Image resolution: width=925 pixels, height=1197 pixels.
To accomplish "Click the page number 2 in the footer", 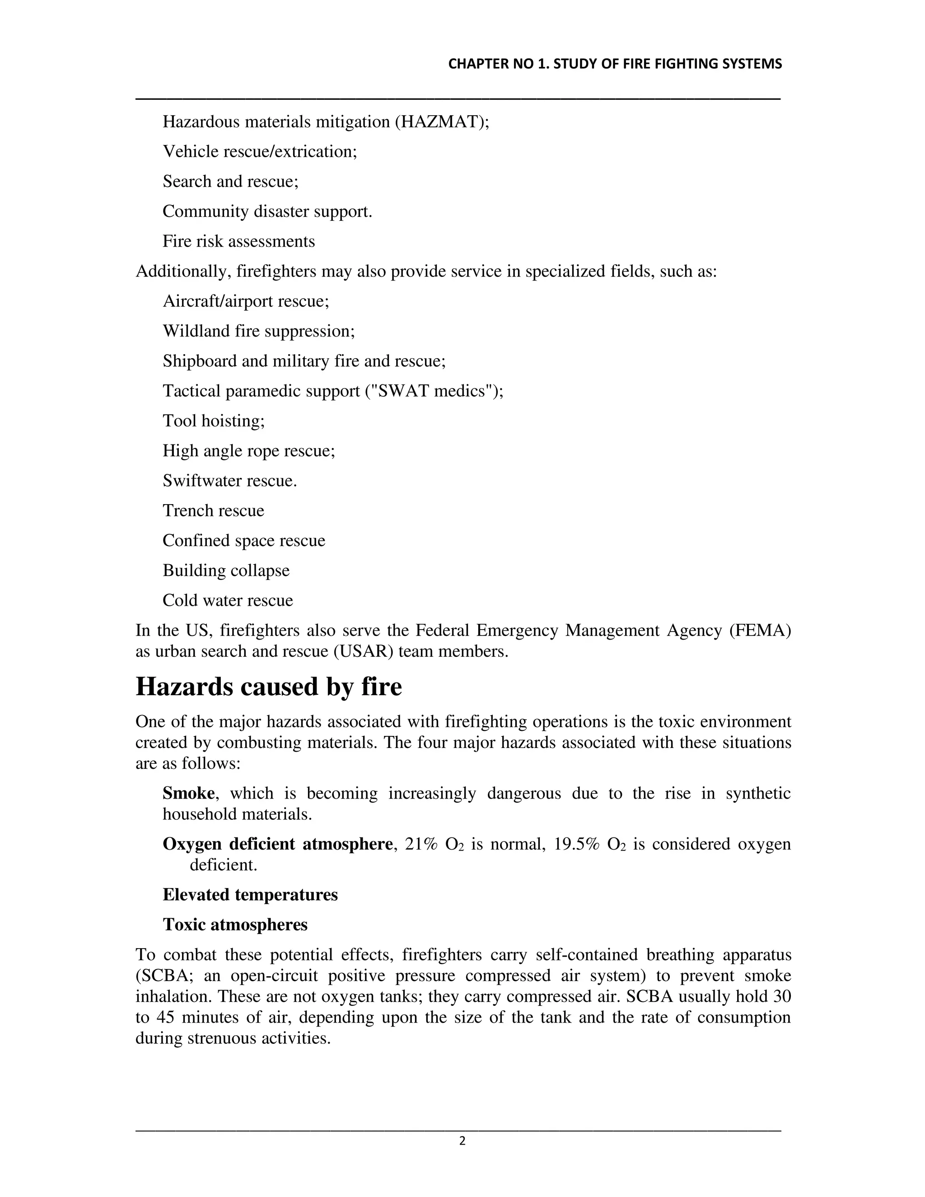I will (x=462, y=1141).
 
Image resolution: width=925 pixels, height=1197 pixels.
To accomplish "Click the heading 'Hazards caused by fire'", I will (x=269, y=687).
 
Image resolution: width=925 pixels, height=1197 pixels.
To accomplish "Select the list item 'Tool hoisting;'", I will (x=214, y=421).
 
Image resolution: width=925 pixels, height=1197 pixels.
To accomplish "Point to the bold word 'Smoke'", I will (x=188, y=793).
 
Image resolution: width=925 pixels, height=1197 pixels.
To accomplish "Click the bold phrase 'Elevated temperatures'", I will (x=250, y=894).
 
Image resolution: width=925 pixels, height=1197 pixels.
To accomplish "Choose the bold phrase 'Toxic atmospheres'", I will (x=235, y=925).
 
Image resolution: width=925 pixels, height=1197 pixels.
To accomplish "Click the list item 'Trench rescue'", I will (x=213, y=510).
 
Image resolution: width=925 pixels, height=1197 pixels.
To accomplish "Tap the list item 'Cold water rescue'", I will (x=228, y=600).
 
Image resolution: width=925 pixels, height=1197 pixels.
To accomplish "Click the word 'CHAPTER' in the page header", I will (x=471, y=64).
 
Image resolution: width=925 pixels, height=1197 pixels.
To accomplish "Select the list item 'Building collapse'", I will (x=226, y=570).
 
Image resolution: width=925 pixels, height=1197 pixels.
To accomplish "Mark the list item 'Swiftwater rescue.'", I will (x=229, y=481).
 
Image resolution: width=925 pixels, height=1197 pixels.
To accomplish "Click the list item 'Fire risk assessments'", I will (x=238, y=241).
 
